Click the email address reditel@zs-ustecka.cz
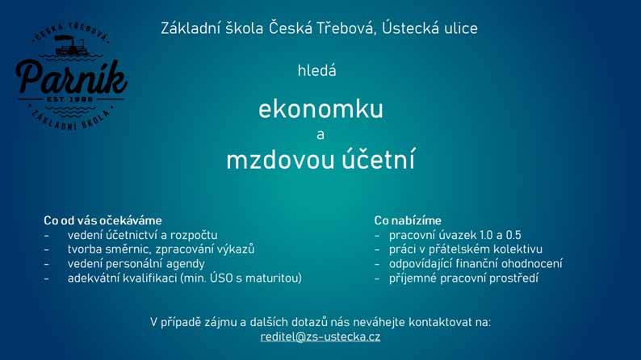[x=320, y=337]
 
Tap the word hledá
[x=316, y=71]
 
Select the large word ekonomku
[x=321, y=110]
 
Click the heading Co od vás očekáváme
[x=103, y=220]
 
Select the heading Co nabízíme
[x=408, y=220]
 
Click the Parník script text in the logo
[x=71, y=77]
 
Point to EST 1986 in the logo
[x=70, y=99]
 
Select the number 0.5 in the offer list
[x=513, y=236]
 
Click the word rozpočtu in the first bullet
[x=194, y=236]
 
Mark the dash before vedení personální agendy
[x=47, y=265]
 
